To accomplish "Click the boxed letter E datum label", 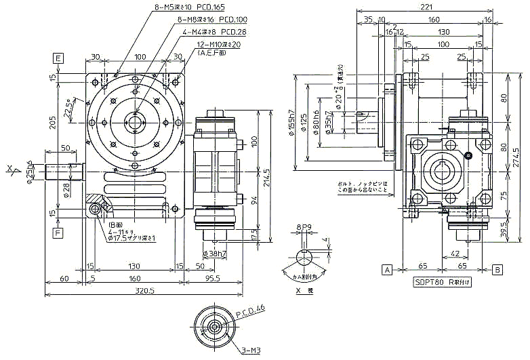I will [59, 58].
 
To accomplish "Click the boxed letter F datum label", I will [59, 233].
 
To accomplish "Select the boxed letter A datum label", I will [387, 269].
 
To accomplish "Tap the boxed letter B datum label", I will [497, 269].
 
